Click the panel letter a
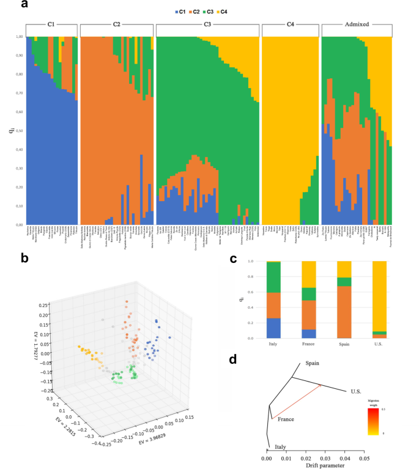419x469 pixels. [x=24, y=6]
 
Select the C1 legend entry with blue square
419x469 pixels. [x=179, y=11]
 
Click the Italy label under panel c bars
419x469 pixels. [x=273, y=346]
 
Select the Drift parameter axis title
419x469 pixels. [x=314, y=465]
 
